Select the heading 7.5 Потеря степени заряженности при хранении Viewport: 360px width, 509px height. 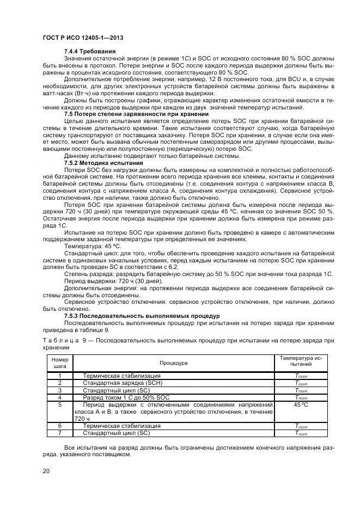[129, 114]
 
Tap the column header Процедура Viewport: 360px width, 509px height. [173, 363]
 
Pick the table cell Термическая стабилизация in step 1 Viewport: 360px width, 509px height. [121, 376]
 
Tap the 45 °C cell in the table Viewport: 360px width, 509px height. [301, 404]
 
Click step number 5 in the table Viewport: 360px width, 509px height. [59, 404]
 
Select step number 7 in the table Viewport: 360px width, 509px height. [59, 433]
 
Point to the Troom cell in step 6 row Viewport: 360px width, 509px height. [301, 426]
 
